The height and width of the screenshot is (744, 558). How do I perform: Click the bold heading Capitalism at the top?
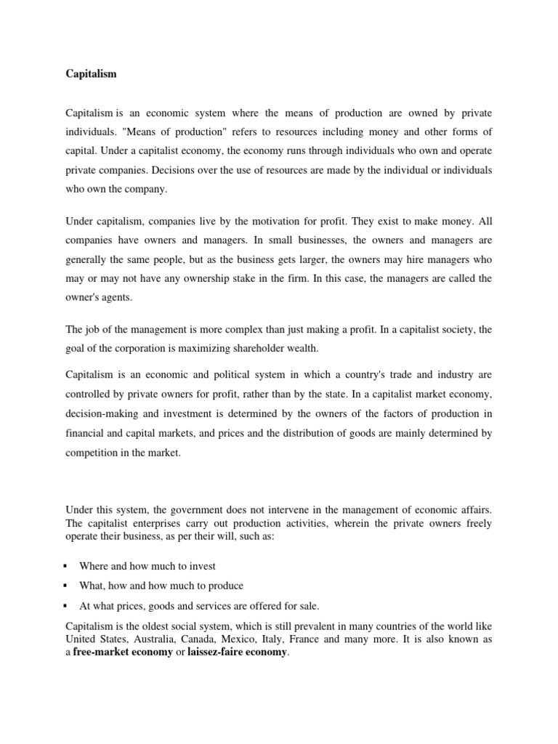click(x=91, y=73)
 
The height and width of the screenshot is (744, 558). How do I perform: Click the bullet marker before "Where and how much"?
click(x=66, y=566)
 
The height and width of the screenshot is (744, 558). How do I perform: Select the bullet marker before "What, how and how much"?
click(x=66, y=586)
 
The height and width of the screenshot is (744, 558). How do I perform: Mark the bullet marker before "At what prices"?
click(x=66, y=605)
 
